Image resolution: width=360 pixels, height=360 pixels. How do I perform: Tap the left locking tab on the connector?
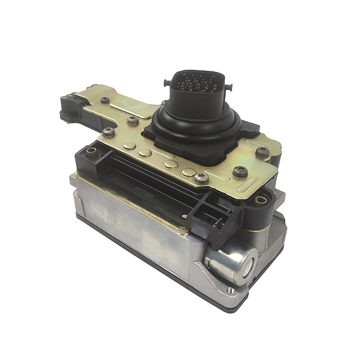click(x=167, y=82)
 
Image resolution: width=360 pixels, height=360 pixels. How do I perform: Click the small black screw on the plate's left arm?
click(x=105, y=100)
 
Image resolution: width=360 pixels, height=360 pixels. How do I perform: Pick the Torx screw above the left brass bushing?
click(x=108, y=132)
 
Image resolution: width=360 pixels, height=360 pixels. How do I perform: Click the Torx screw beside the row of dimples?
click(x=201, y=179)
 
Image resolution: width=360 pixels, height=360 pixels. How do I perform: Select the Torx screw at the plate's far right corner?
click(x=263, y=151)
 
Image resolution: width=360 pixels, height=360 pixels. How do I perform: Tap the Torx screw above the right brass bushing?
click(x=239, y=171)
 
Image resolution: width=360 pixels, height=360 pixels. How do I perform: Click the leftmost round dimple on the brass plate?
click(x=130, y=145)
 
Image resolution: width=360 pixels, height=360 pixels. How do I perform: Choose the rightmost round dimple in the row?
click(x=188, y=172)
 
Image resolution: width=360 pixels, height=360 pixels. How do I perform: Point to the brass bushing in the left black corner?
click(x=91, y=153)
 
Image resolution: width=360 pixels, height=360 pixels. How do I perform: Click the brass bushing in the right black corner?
click(x=260, y=200)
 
